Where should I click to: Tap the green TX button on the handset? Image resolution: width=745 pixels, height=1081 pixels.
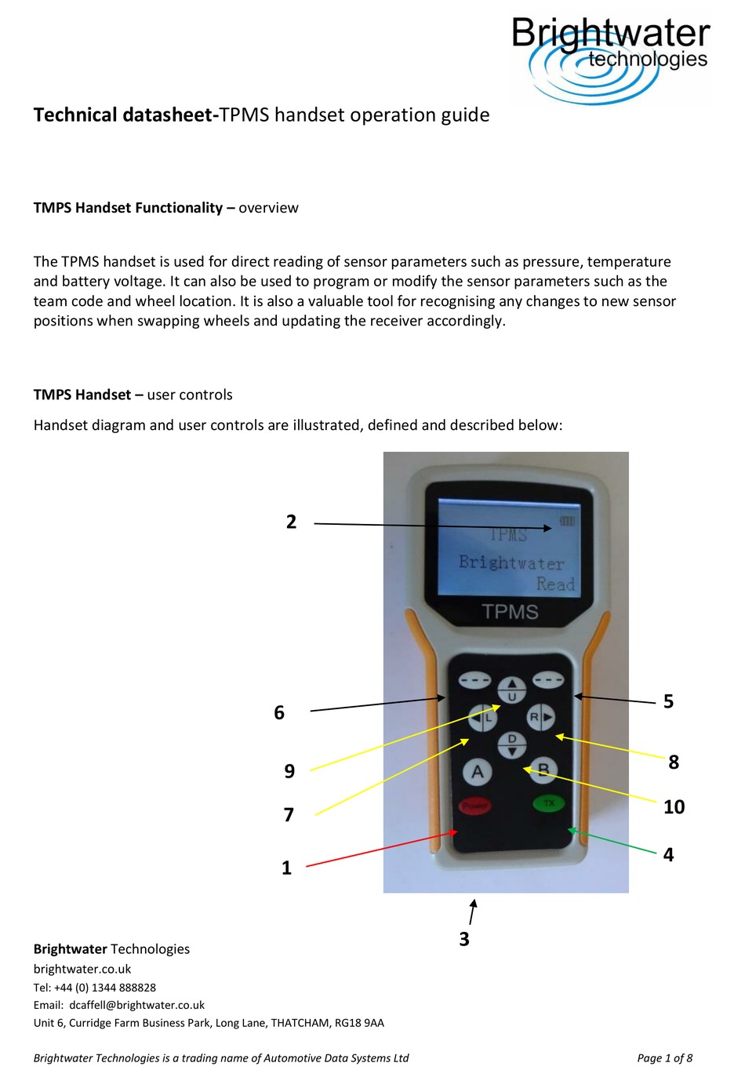(x=549, y=803)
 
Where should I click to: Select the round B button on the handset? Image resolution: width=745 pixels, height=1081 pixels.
(x=543, y=770)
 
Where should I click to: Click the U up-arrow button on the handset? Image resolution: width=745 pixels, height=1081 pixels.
(x=512, y=690)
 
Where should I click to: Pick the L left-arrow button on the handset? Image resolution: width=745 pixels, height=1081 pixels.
(x=483, y=717)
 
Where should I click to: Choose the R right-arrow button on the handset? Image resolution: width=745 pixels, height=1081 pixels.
(x=540, y=717)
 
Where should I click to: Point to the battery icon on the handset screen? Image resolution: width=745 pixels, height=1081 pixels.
(x=567, y=521)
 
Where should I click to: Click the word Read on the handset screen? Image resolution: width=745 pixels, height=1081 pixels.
(x=555, y=584)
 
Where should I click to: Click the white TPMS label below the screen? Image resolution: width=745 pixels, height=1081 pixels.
(x=510, y=612)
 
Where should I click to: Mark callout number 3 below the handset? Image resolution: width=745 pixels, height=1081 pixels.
(x=464, y=939)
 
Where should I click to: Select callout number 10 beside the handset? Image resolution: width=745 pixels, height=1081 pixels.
(x=674, y=807)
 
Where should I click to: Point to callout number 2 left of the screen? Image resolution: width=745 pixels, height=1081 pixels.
(x=292, y=522)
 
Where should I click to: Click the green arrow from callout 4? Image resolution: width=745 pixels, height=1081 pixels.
(x=612, y=840)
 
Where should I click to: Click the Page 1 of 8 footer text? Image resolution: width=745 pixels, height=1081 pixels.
(x=664, y=1058)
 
